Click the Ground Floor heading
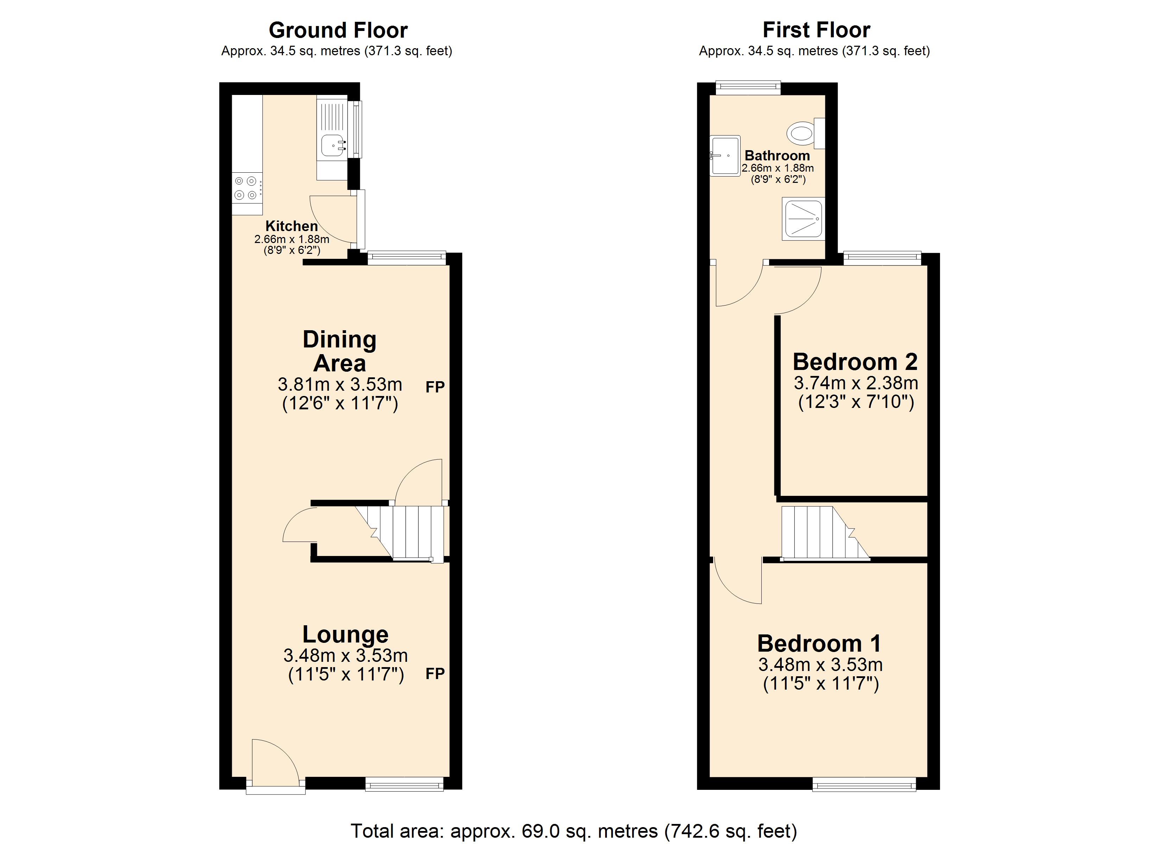pos(338,31)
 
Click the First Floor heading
pos(816,30)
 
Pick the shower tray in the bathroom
pos(802,219)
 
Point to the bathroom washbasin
pos(725,155)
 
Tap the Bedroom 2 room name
pos(855,362)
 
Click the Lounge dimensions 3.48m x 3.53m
pos(345,656)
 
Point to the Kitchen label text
pos(291,226)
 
